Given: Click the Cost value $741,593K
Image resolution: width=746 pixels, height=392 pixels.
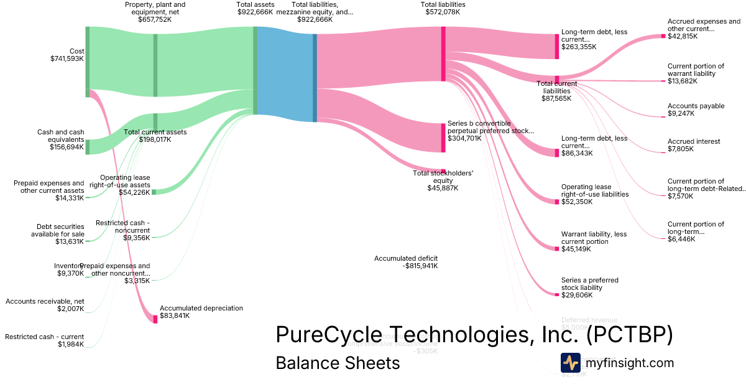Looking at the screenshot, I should click(67, 58).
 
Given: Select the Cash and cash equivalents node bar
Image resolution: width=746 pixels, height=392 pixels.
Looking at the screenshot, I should click(88, 147).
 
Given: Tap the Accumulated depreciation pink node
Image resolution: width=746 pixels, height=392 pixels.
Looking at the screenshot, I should click(155, 319).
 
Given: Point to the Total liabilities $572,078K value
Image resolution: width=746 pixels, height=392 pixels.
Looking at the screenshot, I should click(443, 12).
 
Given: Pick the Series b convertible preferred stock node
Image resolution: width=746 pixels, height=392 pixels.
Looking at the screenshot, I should click(443, 138).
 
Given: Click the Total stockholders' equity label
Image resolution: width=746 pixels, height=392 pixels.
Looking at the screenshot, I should click(443, 177).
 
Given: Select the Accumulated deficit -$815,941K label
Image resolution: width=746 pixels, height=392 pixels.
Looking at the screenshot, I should click(406, 262).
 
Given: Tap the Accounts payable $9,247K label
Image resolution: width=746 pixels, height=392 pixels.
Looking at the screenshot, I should click(696, 110).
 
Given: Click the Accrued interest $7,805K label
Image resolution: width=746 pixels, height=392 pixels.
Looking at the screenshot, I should click(694, 146).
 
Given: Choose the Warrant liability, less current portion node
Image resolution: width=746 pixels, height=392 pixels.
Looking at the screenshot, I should click(557, 249).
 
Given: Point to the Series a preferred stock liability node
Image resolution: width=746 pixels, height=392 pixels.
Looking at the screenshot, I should click(557, 294).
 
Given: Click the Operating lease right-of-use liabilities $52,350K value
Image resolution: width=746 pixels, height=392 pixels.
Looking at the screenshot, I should click(577, 202).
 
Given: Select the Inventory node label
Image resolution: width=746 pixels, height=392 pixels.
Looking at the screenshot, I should click(68, 266).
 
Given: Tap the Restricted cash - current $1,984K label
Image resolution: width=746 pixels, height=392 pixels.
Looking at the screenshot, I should click(44, 340).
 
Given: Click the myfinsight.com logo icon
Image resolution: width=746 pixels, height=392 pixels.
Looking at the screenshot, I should click(570, 363).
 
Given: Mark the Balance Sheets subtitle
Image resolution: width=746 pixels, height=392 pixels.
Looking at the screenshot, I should click(338, 363).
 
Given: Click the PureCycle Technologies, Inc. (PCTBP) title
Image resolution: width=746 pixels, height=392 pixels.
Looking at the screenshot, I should click(474, 335).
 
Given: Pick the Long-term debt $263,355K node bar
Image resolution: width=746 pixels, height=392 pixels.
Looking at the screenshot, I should click(557, 47).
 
